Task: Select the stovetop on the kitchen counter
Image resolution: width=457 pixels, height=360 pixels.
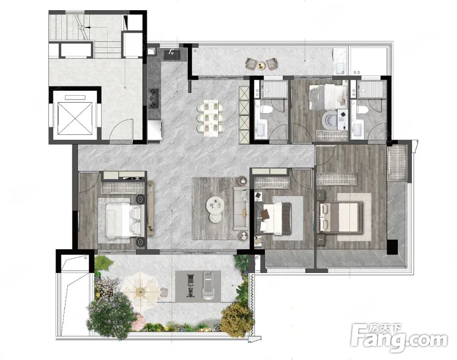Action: click(153, 98)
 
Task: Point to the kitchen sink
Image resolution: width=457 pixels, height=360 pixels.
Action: click(172, 54)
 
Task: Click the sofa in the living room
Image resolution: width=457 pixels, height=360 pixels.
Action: click(241, 208)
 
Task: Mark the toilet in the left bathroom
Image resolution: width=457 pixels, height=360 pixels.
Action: click(267, 110)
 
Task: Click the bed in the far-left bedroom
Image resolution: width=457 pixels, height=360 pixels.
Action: click(122, 220)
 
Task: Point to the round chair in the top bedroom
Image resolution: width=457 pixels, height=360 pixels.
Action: click(330, 120)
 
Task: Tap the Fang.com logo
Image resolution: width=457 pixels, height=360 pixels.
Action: click(399, 338)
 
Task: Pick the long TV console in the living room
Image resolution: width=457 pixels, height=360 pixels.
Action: click(151, 208)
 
